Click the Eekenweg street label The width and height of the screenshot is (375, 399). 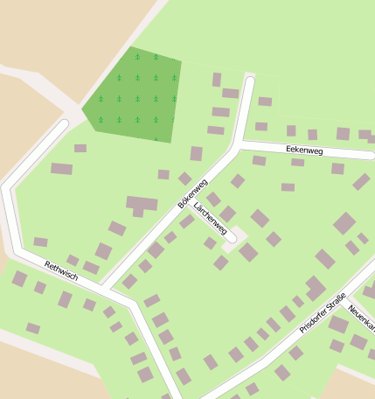point(304,150)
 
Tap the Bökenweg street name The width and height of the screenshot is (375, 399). point(192,193)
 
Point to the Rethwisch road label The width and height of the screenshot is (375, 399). point(61,270)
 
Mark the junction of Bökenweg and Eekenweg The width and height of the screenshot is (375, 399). point(239,145)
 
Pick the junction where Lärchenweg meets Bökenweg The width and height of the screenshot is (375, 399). point(187,199)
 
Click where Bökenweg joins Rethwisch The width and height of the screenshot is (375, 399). point(101,287)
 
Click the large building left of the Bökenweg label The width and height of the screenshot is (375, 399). point(141,205)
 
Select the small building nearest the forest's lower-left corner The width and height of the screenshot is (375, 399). point(80,149)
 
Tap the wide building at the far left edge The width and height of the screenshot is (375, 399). point(61,169)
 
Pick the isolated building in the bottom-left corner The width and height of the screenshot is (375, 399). point(32,328)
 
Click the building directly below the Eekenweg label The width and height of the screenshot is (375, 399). point(298,163)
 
